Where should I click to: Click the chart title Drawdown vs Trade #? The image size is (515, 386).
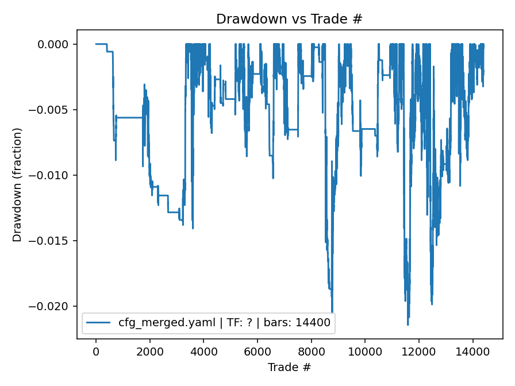point(289,19)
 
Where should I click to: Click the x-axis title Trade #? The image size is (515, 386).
point(289,366)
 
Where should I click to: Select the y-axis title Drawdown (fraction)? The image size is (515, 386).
point(17,185)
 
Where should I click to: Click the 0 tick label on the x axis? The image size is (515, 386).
point(96,350)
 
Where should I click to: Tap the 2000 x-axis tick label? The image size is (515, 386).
point(150,350)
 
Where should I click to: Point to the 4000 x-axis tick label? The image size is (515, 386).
point(203,350)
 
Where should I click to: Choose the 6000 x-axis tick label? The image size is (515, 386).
point(257,350)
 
